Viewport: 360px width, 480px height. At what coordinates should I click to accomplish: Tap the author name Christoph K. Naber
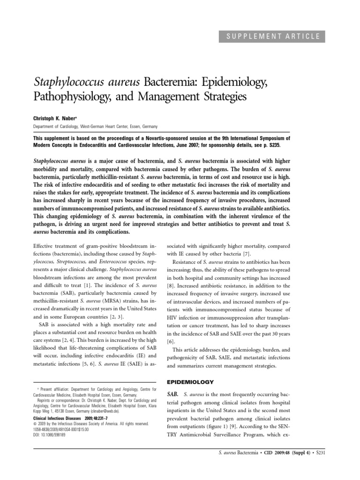coord(54,119)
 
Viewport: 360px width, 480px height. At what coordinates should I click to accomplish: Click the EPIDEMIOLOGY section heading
coord(188,382)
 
